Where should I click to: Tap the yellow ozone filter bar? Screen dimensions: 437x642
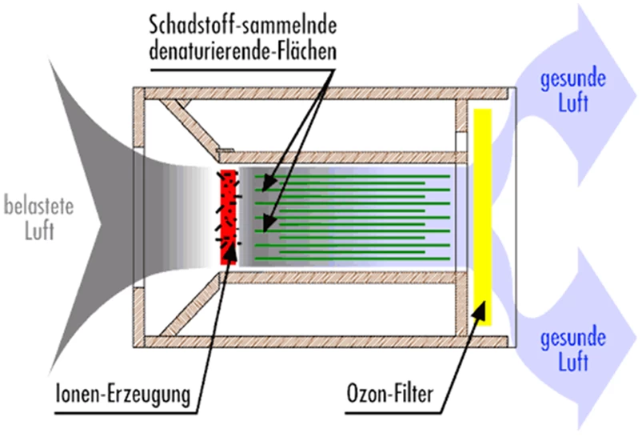482,212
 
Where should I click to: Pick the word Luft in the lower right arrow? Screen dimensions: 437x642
572,363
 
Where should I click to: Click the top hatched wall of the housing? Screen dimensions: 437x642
320,93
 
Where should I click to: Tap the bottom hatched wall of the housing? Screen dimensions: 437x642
320,342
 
